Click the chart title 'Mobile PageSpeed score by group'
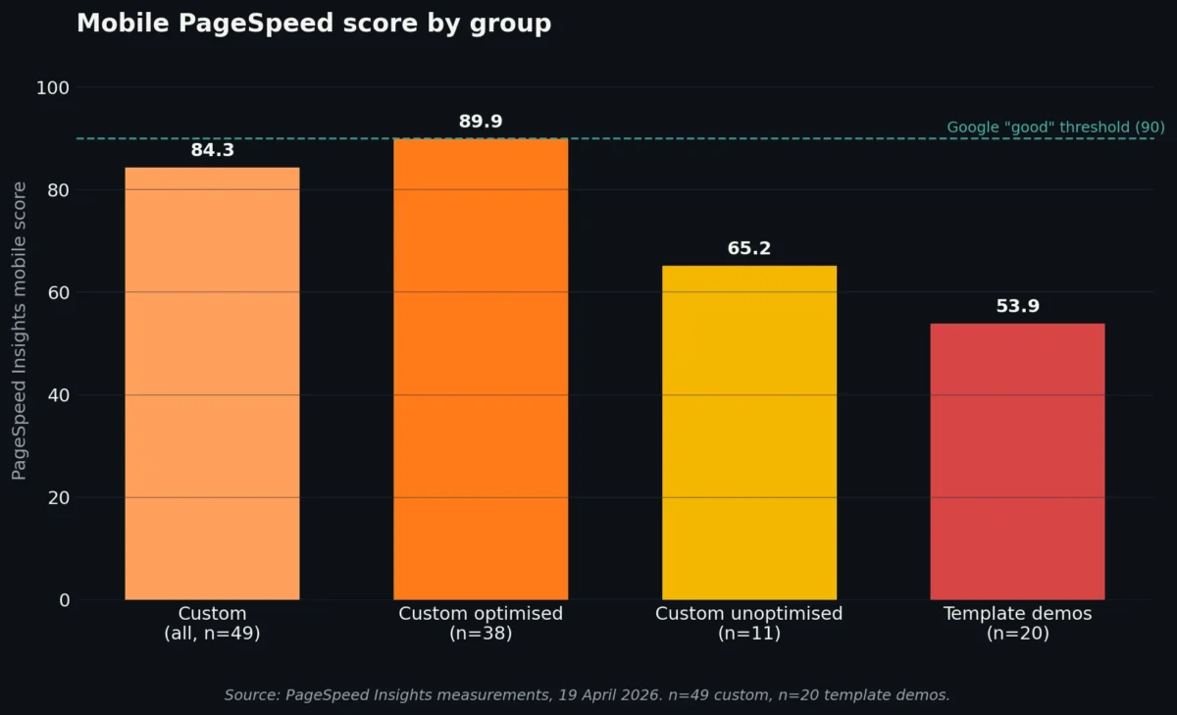pyautogui.click(x=314, y=24)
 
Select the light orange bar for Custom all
pyautogui.click(x=212, y=383)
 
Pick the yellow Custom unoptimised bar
pyautogui.click(x=749, y=432)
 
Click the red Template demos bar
pyautogui.click(x=1017, y=461)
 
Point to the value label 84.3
pyautogui.click(x=212, y=150)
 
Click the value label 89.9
pyautogui.click(x=481, y=122)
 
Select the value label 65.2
pyautogui.click(x=749, y=248)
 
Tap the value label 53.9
pyautogui.click(x=1017, y=306)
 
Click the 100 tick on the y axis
pyautogui.click(x=53, y=88)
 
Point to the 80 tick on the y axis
pyautogui.click(x=58, y=190)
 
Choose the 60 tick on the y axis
pyautogui.click(x=58, y=292)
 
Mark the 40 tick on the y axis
pyautogui.click(x=58, y=395)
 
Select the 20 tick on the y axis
pyautogui.click(x=58, y=497)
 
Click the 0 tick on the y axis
pyautogui.click(x=64, y=600)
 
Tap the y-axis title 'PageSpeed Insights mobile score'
pyautogui.click(x=20, y=331)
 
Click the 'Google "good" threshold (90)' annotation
pyautogui.click(x=1055, y=128)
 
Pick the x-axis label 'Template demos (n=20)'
pyautogui.click(x=1017, y=624)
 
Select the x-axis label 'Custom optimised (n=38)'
pyautogui.click(x=481, y=624)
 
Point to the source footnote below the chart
pyautogui.click(x=587, y=694)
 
